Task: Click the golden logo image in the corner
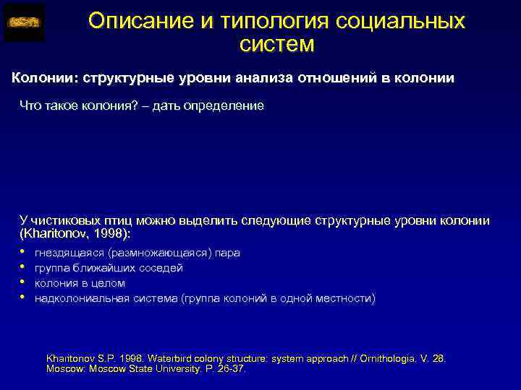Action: point(24,22)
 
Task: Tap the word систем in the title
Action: point(276,45)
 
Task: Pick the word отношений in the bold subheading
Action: point(332,79)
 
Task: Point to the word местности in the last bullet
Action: point(346,298)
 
